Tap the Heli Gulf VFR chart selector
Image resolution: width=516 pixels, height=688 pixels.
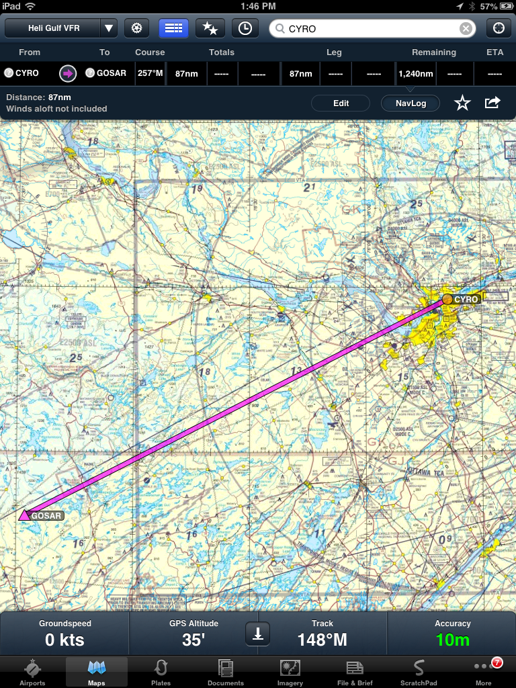61,28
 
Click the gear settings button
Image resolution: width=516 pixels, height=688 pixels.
137,28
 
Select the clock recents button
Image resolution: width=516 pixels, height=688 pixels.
245,28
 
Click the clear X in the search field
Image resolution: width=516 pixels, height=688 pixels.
465,28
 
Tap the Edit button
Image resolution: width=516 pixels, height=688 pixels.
341,103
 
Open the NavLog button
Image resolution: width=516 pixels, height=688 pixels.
410,103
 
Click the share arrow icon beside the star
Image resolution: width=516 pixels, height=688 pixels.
492,103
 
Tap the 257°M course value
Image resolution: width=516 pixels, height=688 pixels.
150,73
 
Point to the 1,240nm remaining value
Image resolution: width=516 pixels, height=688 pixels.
416,73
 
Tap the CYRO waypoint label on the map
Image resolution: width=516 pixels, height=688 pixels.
466,299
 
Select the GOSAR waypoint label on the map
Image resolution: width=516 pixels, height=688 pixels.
46,516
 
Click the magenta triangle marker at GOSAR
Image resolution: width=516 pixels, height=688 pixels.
24,515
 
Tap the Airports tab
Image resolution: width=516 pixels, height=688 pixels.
32,672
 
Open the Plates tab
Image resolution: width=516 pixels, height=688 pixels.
161,672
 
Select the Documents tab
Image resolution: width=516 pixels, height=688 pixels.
226,672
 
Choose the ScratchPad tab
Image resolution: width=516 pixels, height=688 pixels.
419,672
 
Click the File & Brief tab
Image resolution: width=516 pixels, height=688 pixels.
355,672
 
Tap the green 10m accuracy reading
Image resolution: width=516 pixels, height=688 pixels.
453,640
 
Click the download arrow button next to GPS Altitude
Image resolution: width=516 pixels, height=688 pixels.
258,633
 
